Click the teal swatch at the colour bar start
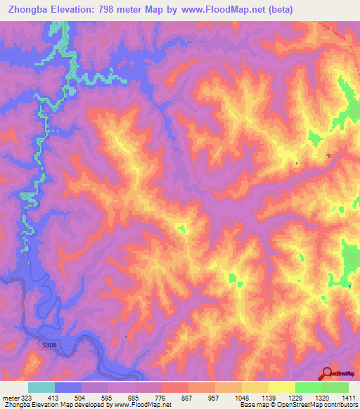pos(41,387)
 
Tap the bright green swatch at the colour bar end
pos(335,387)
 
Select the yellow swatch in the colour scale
pos(281,387)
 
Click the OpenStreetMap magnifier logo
pos(327,372)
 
